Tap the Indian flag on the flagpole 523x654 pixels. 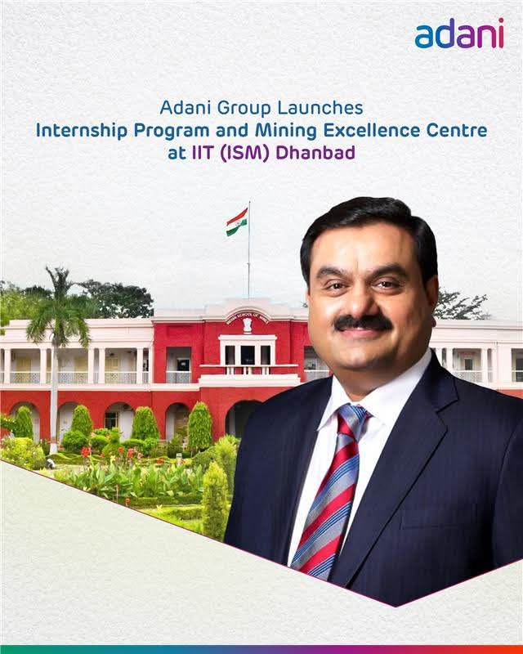237,221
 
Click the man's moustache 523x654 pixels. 363,324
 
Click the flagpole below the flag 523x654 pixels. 249,270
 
